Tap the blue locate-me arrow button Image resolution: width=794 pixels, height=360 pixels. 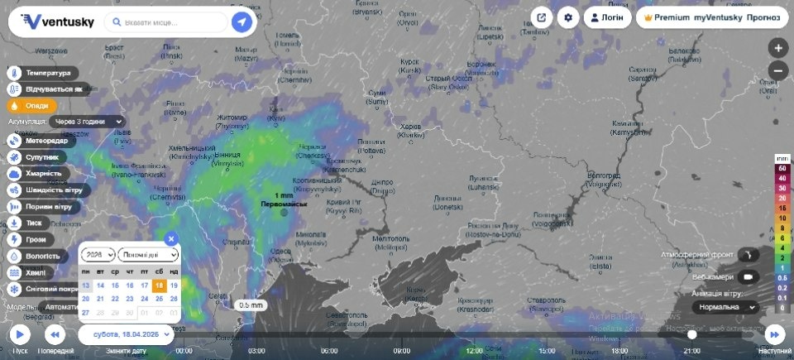(x=242, y=22)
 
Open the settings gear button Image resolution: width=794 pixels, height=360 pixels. (x=568, y=17)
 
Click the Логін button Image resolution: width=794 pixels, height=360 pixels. (x=607, y=17)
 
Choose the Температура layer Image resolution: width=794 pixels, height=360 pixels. (x=45, y=73)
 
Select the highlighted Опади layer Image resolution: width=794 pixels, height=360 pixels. (x=33, y=106)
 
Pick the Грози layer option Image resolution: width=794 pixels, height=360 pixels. (x=35, y=240)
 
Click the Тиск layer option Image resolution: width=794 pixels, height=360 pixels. (x=33, y=223)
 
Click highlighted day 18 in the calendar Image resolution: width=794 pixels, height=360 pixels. (x=159, y=285)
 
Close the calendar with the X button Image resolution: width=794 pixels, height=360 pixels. (x=171, y=238)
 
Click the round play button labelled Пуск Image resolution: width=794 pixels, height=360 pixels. (x=20, y=334)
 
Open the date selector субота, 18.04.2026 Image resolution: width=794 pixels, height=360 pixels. (x=127, y=334)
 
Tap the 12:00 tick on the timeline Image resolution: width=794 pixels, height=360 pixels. (x=474, y=350)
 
